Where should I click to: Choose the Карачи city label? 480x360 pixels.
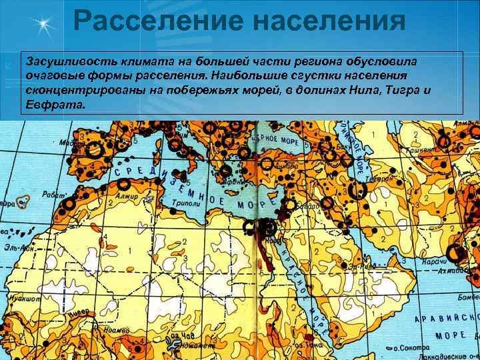[433, 262]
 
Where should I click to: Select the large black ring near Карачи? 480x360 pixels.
[455, 253]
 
